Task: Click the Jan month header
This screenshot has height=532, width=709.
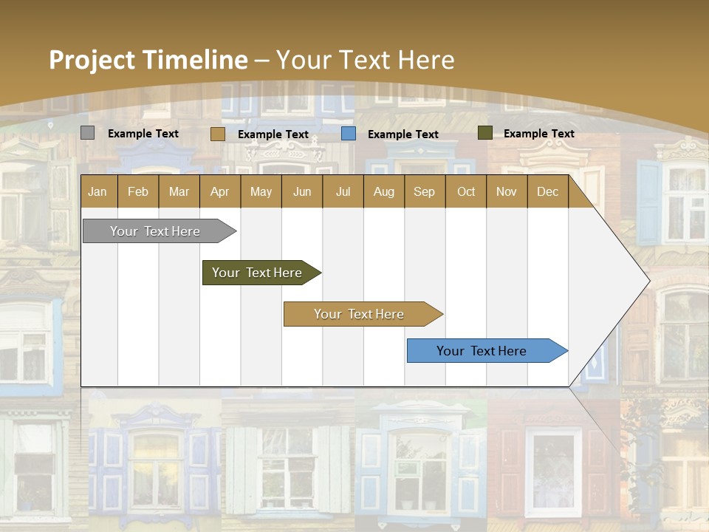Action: (97, 191)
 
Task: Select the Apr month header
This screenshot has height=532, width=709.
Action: (219, 191)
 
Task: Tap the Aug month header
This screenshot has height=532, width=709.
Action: (383, 191)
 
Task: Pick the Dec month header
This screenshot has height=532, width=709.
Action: (547, 191)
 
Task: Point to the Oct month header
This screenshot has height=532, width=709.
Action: (465, 191)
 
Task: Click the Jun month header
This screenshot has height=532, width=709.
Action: (301, 191)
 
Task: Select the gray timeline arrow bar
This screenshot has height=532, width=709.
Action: (155, 231)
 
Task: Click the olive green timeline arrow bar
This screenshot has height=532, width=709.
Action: (257, 273)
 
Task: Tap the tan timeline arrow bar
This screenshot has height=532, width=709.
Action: (359, 314)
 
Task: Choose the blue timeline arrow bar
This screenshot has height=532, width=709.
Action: (482, 351)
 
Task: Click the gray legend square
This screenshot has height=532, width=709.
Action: (87, 133)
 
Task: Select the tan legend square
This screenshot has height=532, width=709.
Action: (217, 134)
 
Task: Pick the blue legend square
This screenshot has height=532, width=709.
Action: (349, 134)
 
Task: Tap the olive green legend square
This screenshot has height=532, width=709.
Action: (484, 133)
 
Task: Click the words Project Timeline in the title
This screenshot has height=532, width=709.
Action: (148, 60)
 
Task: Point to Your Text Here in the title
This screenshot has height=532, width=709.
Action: (366, 60)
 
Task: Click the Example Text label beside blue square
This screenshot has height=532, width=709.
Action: (403, 134)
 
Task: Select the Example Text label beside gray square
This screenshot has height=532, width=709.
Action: (143, 134)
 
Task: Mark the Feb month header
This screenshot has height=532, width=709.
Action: (137, 191)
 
